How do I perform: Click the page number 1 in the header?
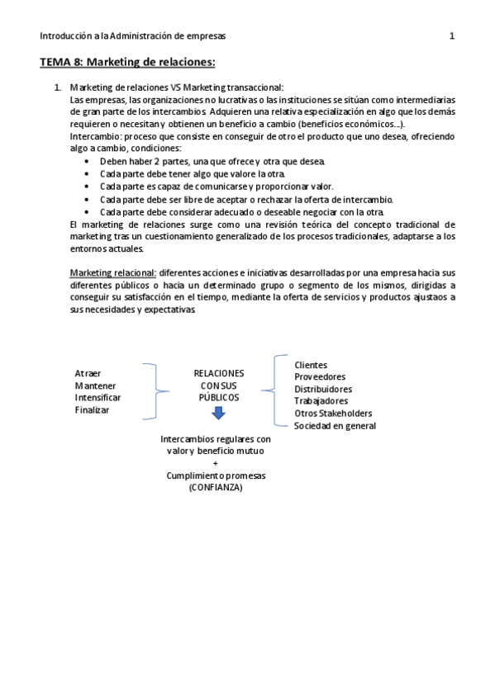coord(451,35)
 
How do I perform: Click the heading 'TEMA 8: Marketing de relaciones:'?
coord(127,62)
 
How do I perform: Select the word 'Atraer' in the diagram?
coord(88,373)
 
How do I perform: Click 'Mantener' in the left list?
coord(95,385)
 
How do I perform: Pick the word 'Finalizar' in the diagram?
coord(93,409)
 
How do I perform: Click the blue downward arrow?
coord(218,414)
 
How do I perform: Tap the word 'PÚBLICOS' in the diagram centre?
coord(218,397)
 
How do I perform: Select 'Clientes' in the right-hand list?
coord(311,365)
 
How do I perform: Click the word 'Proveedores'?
coord(320,376)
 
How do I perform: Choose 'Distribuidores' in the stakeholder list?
coord(323,389)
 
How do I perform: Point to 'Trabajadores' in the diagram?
coord(320,401)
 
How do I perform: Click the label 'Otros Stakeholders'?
coord(333,413)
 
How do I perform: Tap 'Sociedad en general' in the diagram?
coord(335,425)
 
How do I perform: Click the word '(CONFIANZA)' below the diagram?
coord(215,488)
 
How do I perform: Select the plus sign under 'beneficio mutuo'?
coord(215,464)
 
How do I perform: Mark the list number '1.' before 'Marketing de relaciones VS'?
coord(57,87)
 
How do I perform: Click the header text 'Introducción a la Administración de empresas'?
coord(132,35)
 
